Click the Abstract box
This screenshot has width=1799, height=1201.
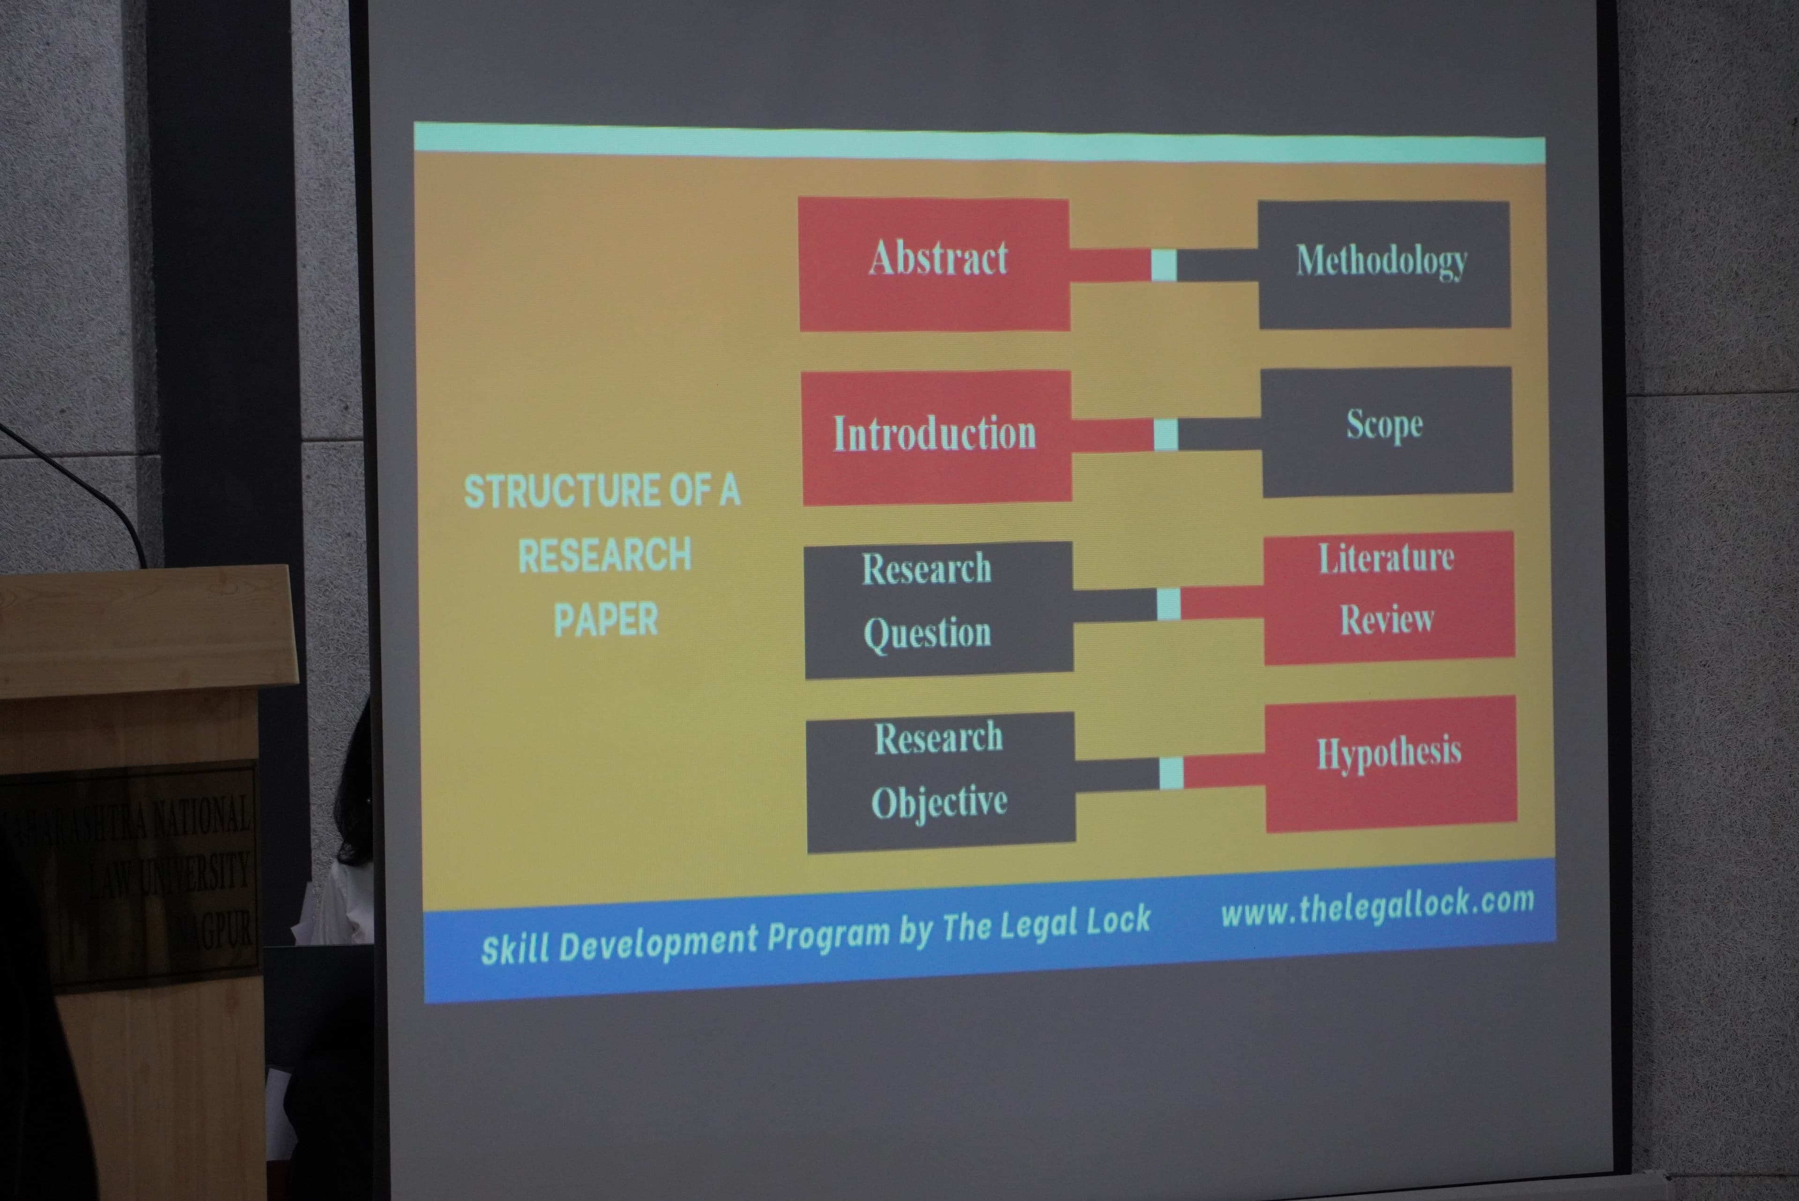(934, 264)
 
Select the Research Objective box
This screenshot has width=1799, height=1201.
(940, 782)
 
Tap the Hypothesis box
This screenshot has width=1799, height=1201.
(1390, 763)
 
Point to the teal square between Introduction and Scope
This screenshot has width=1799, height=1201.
(1165, 435)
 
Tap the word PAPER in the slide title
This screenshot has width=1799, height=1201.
(605, 619)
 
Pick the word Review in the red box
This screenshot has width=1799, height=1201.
(1387, 619)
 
